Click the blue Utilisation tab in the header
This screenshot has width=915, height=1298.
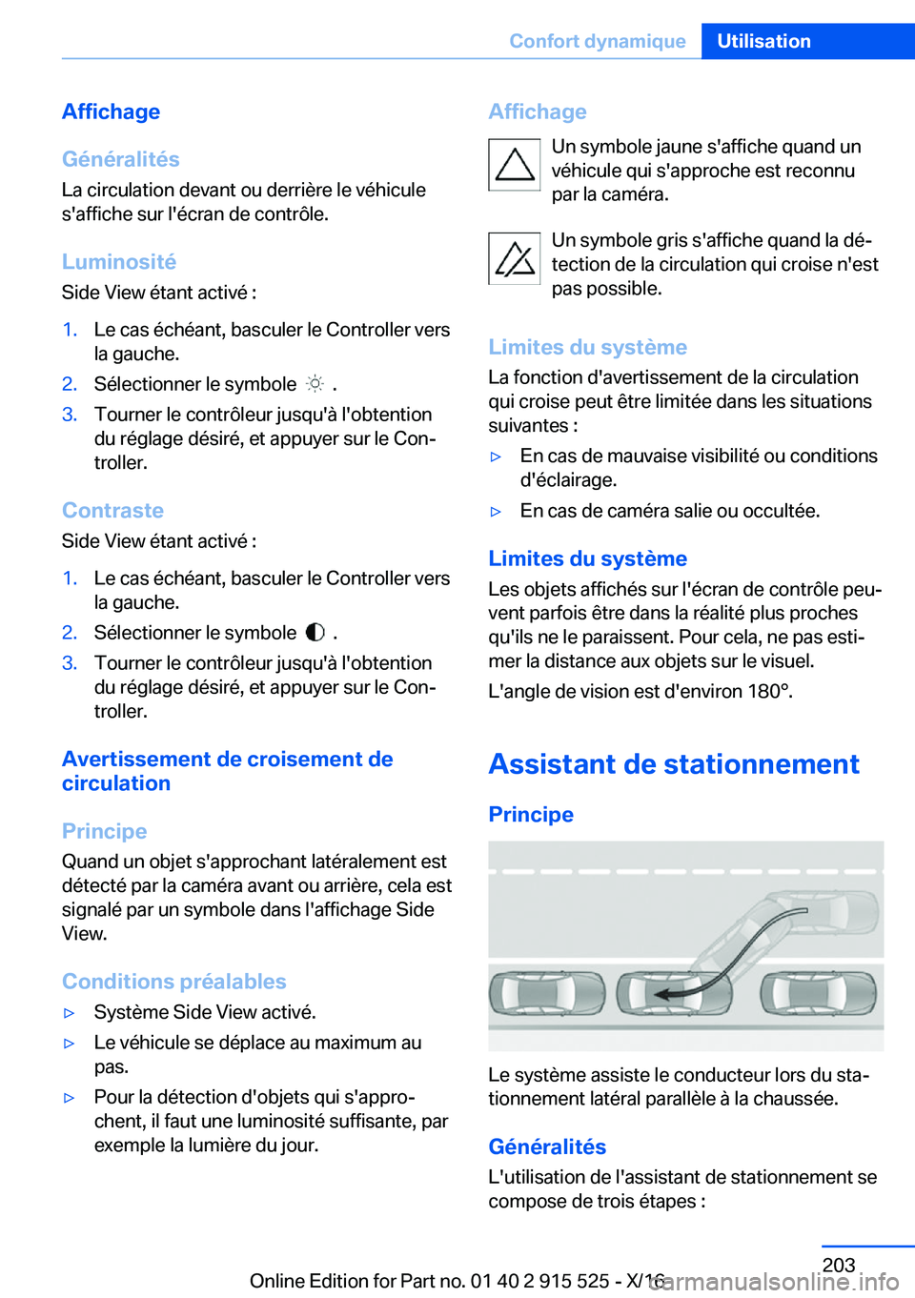coord(763,41)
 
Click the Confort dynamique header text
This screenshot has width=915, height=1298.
coord(597,41)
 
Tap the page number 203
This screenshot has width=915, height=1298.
coord(839,1265)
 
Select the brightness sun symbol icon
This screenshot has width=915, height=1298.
coord(315,384)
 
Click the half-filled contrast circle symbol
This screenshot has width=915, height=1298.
coord(315,633)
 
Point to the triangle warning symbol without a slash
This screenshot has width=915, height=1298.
coord(515,165)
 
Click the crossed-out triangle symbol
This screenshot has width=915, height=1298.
coord(515,258)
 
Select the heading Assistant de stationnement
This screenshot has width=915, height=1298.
coord(673,763)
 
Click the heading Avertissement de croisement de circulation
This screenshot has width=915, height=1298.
coord(227,771)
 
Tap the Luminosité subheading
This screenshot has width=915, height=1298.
coord(119,261)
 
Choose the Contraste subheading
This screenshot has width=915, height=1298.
coord(112,510)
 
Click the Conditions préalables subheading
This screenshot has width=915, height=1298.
coord(173,981)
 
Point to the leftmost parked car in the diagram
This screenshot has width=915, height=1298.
coord(546,993)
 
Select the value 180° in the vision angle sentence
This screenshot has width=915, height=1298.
coord(769,691)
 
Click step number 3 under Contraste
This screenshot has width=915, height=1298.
coord(70,663)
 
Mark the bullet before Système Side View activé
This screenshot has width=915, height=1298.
coord(69,1012)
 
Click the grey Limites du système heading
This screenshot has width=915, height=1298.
coord(587,347)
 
